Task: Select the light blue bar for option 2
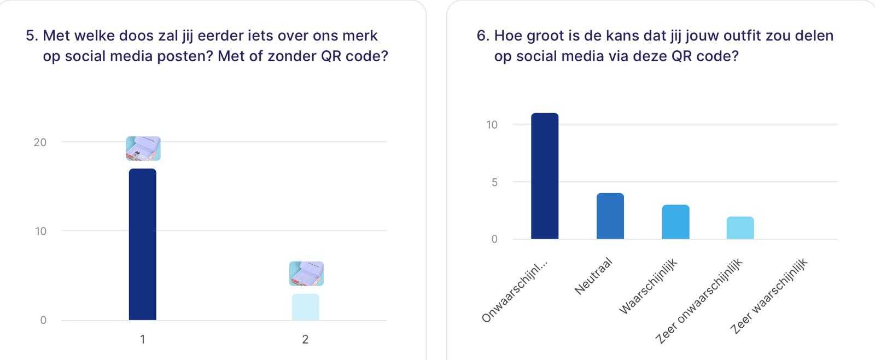coord(305,307)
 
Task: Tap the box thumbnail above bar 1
coord(143,148)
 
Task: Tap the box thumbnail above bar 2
coord(306,274)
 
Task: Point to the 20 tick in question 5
coord(40,142)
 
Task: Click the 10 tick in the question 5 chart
coord(40,231)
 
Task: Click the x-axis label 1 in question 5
coord(142,340)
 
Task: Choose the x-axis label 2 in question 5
coord(305,340)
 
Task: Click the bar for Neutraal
coord(610,216)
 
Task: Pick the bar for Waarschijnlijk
coord(675,222)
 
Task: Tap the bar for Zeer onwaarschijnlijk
coord(740,228)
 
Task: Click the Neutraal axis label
coord(593,276)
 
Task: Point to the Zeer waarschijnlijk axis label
coord(769,295)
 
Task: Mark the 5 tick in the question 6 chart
coord(494,182)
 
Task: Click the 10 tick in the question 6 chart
coord(492,125)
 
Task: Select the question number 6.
coord(482,36)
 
